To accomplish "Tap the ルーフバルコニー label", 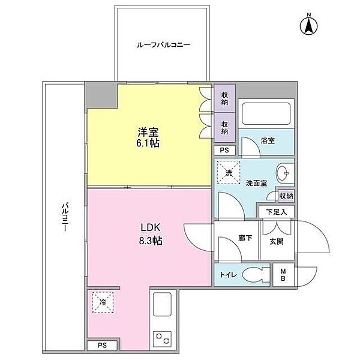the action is pos(163,45).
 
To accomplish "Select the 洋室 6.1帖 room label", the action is pos(148,137).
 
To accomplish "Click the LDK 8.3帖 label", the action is pos(150,234).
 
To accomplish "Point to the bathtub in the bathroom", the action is pos(266,113).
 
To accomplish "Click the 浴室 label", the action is pos(268,140).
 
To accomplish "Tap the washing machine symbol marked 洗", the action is pos(229,172).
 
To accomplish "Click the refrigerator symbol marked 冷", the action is pos(103,302).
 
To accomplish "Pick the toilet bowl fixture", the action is pos(254,275).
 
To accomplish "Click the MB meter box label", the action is pos(283,275).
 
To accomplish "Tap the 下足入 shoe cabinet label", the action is pos(277,212).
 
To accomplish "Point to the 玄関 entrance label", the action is pos(277,241).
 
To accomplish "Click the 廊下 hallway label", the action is pos(245,238).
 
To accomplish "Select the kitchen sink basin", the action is pos(162,304).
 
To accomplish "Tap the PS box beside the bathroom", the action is pos(224,150).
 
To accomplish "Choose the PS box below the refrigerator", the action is pos(103,345).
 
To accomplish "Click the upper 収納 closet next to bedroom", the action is pos(224,98).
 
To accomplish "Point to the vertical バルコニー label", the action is pos(65,217).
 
